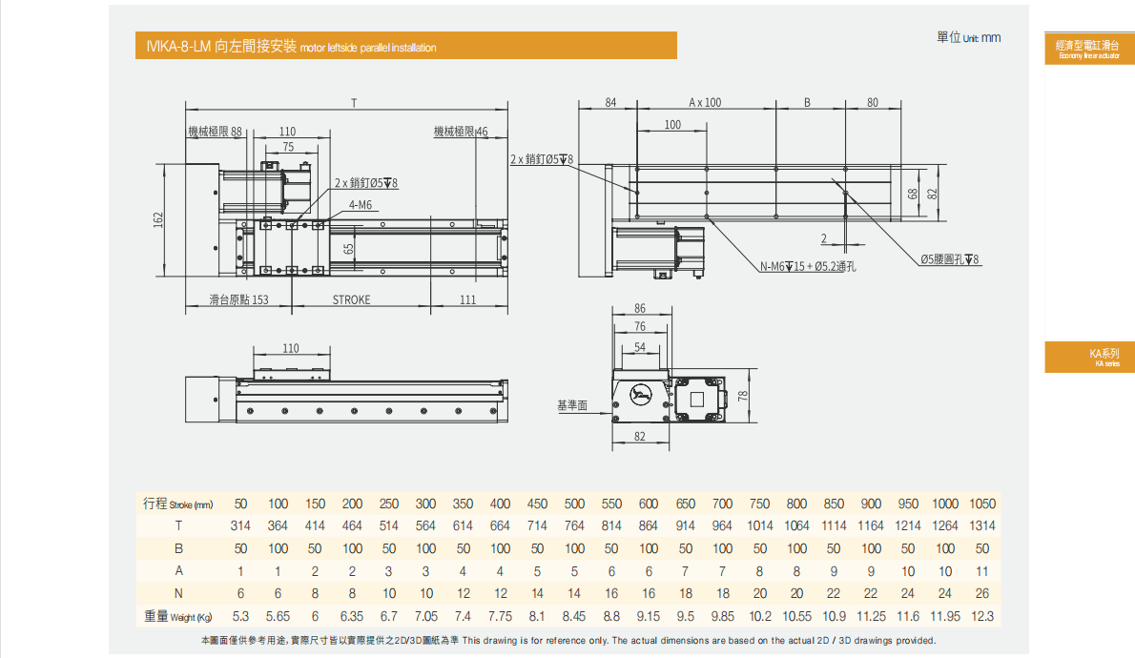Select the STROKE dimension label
click(351, 299)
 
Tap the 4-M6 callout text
click(361, 205)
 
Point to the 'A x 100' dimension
click(705, 102)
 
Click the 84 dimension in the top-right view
click(610, 102)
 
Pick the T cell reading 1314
click(981, 525)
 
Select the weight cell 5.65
click(278, 616)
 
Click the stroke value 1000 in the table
click(945, 504)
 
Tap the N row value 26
click(982, 593)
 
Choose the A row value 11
click(982, 571)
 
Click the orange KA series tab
click(1089, 357)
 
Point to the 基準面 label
click(572, 406)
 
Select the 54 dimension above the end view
click(640, 347)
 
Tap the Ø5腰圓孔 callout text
click(950, 259)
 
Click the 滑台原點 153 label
click(239, 299)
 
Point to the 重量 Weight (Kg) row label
click(177, 616)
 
